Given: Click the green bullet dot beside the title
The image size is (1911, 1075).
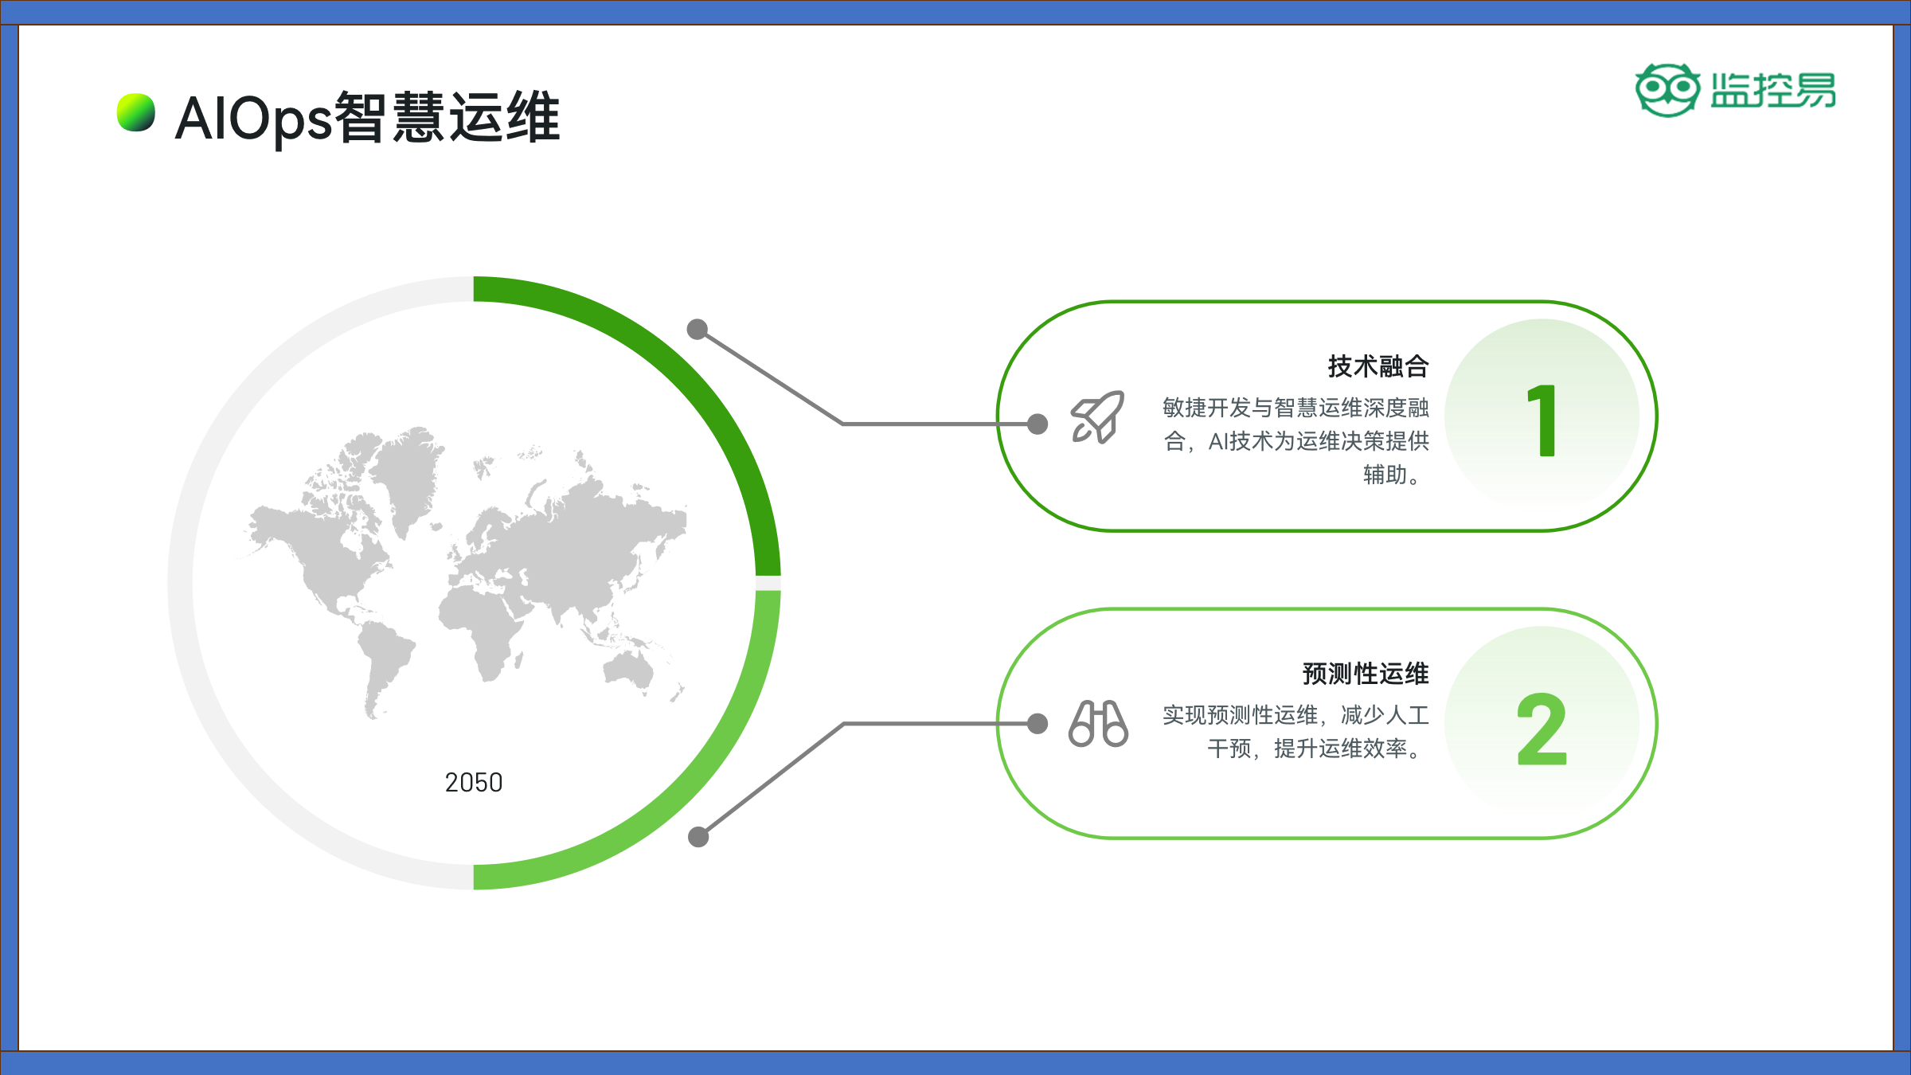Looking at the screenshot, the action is tap(136, 112).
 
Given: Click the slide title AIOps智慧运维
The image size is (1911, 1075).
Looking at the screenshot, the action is tap(367, 117).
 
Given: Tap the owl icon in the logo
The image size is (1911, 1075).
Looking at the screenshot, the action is tap(1667, 90).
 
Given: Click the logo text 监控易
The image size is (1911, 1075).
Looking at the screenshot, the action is tap(1773, 90).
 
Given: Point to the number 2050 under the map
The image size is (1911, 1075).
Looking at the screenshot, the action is tap(474, 783).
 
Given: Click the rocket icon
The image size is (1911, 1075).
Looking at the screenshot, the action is tap(1097, 416).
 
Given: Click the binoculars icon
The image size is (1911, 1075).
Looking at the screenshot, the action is tap(1098, 723).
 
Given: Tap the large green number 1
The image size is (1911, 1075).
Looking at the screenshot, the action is tap(1543, 420).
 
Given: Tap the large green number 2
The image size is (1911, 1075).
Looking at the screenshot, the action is tap(1542, 728).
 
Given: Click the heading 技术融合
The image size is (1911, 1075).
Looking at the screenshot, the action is tap(1378, 366).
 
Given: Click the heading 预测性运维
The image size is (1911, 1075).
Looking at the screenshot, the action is tap(1366, 674).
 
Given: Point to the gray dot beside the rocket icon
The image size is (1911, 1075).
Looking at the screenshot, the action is tap(1038, 424).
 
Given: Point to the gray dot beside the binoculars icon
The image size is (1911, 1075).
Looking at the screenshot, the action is tap(1038, 723).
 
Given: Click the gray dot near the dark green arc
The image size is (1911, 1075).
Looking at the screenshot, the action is tap(698, 329).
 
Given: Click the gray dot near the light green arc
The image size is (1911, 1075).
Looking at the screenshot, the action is tap(698, 837).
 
